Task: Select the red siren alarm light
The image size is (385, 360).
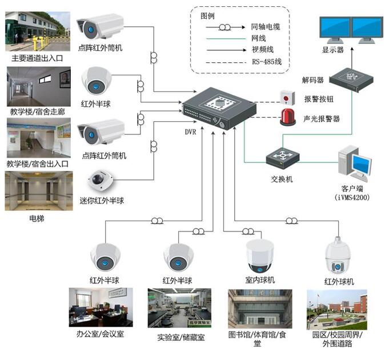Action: tap(286, 117)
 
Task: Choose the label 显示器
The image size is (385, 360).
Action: tap(333, 50)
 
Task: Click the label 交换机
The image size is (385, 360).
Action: tap(282, 179)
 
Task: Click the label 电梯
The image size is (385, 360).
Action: tap(38, 218)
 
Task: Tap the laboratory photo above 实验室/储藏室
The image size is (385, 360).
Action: tap(179, 307)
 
